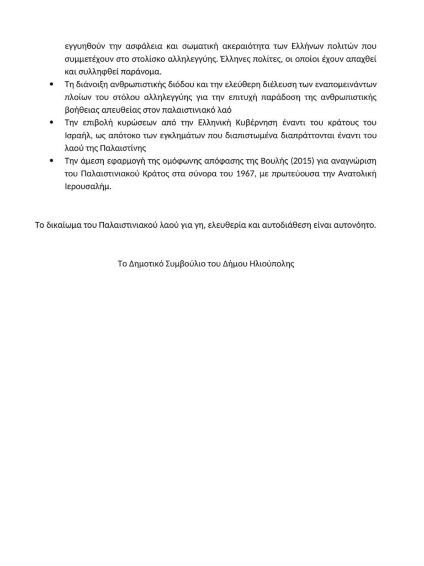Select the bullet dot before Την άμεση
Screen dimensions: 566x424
pyautogui.click(x=51, y=161)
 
